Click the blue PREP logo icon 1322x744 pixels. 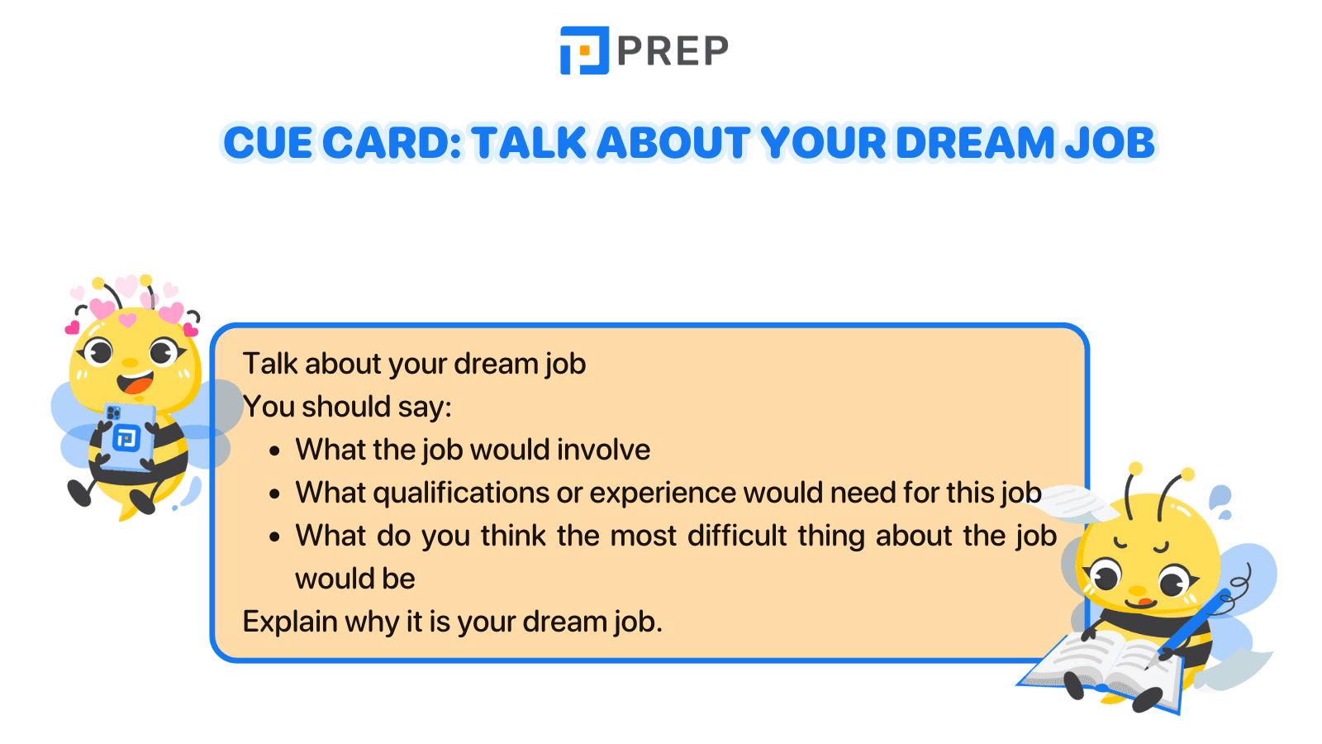pos(584,50)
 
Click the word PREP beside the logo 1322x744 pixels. pos(673,51)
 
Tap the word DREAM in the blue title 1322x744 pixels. pos(975,143)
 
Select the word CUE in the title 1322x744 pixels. pos(268,143)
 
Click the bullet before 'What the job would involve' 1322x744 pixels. pos(275,451)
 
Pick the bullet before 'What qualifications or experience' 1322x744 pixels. pos(275,494)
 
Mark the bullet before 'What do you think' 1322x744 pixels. pos(275,537)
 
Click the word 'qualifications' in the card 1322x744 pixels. pos(461,494)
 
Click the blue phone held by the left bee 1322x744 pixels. pos(126,435)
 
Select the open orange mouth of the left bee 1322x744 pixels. pos(136,384)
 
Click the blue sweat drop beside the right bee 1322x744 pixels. pos(1220,498)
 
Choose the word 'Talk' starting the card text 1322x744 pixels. pos(269,365)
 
